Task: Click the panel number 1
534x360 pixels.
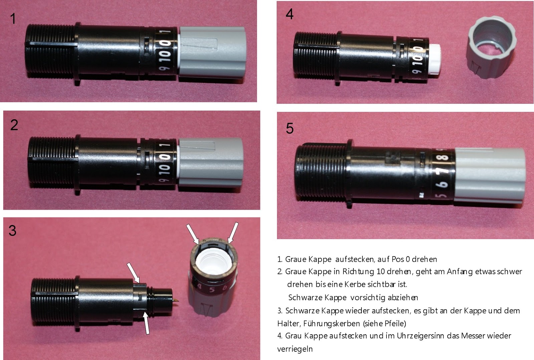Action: (13, 19)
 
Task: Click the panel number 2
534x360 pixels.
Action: (14, 125)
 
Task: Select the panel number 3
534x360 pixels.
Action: (13, 231)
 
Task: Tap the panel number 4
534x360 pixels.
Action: (289, 14)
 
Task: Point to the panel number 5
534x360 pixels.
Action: (290, 128)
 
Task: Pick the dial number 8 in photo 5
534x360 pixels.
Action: (445, 157)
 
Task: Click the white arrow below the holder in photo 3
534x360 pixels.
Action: (146, 323)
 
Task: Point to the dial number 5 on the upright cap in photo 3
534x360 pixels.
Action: (212, 290)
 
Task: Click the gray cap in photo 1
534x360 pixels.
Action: (212, 52)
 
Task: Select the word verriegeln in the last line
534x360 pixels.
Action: (295, 349)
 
